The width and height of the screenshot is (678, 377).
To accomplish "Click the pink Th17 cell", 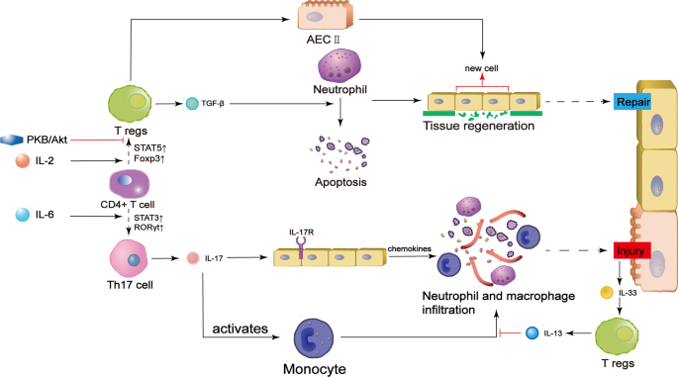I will pyautogui.click(x=132, y=259).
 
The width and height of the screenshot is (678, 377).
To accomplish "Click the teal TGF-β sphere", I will pyautogui.click(x=192, y=102).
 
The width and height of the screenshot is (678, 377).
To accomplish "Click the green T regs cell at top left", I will pyautogui.click(x=132, y=103).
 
